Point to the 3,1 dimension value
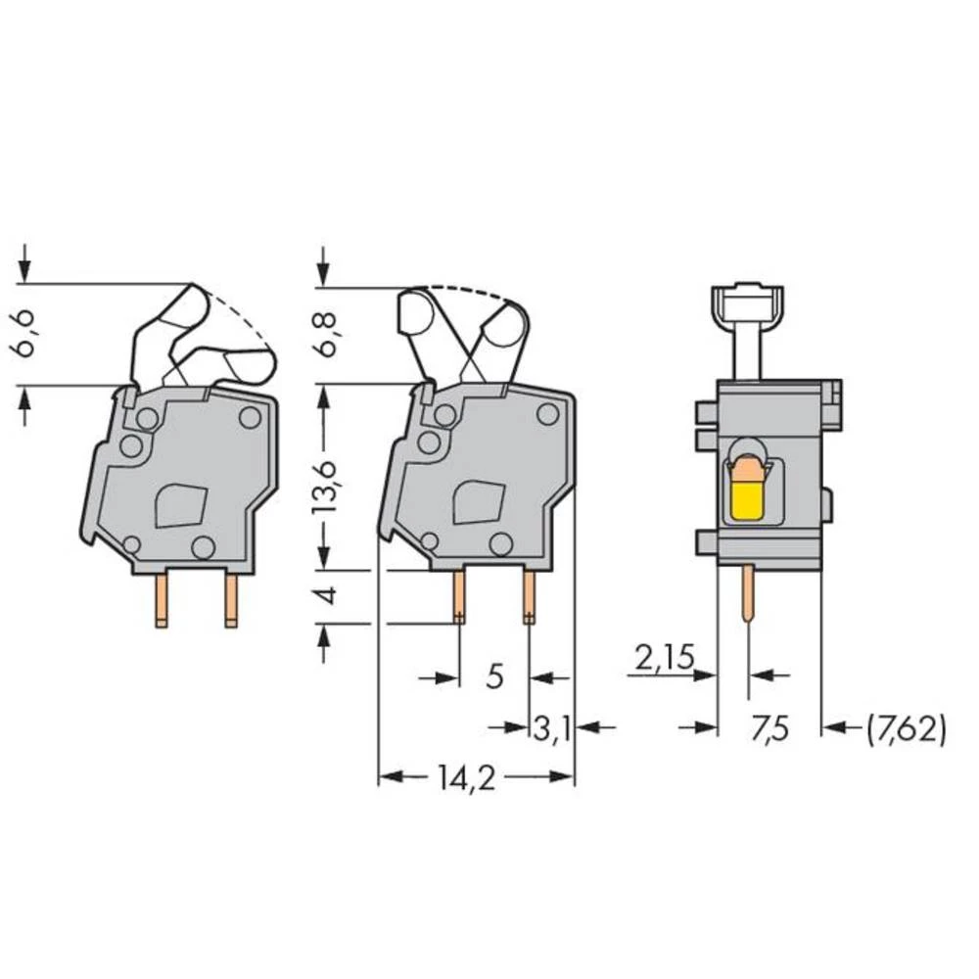pyautogui.click(x=553, y=727)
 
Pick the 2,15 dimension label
pyautogui.click(x=664, y=659)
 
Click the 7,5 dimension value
pyautogui.click(x=769, y=727)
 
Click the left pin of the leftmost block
pyautogui.click(x=161, y=599)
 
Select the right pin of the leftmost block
pyautogui.click(x=231, y=599)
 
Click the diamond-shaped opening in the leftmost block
pyautogui.click(x=181, y=507)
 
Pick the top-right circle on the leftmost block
pyautogui.click(x=250, y=417)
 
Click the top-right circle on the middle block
pyautogui.click(x=547, y=414)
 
